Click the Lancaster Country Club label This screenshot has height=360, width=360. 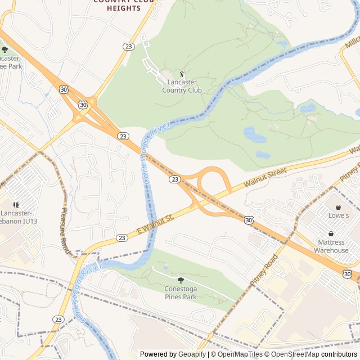click(182, 86)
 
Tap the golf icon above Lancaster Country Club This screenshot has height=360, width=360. click(182, 74)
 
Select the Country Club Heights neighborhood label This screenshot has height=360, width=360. click(116, 5)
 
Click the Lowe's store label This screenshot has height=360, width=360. click(339, 215)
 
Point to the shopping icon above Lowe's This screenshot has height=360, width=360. click(339, 207)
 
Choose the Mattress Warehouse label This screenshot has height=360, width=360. click(331, 246)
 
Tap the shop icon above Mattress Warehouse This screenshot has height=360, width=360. click(331, 234)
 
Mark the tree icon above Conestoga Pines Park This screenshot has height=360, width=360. click(181, 280)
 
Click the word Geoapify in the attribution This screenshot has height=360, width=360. click(190, 354)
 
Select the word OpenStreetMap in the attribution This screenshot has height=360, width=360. click(294, 354)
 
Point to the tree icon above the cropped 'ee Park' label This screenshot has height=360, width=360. click(5, 49)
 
